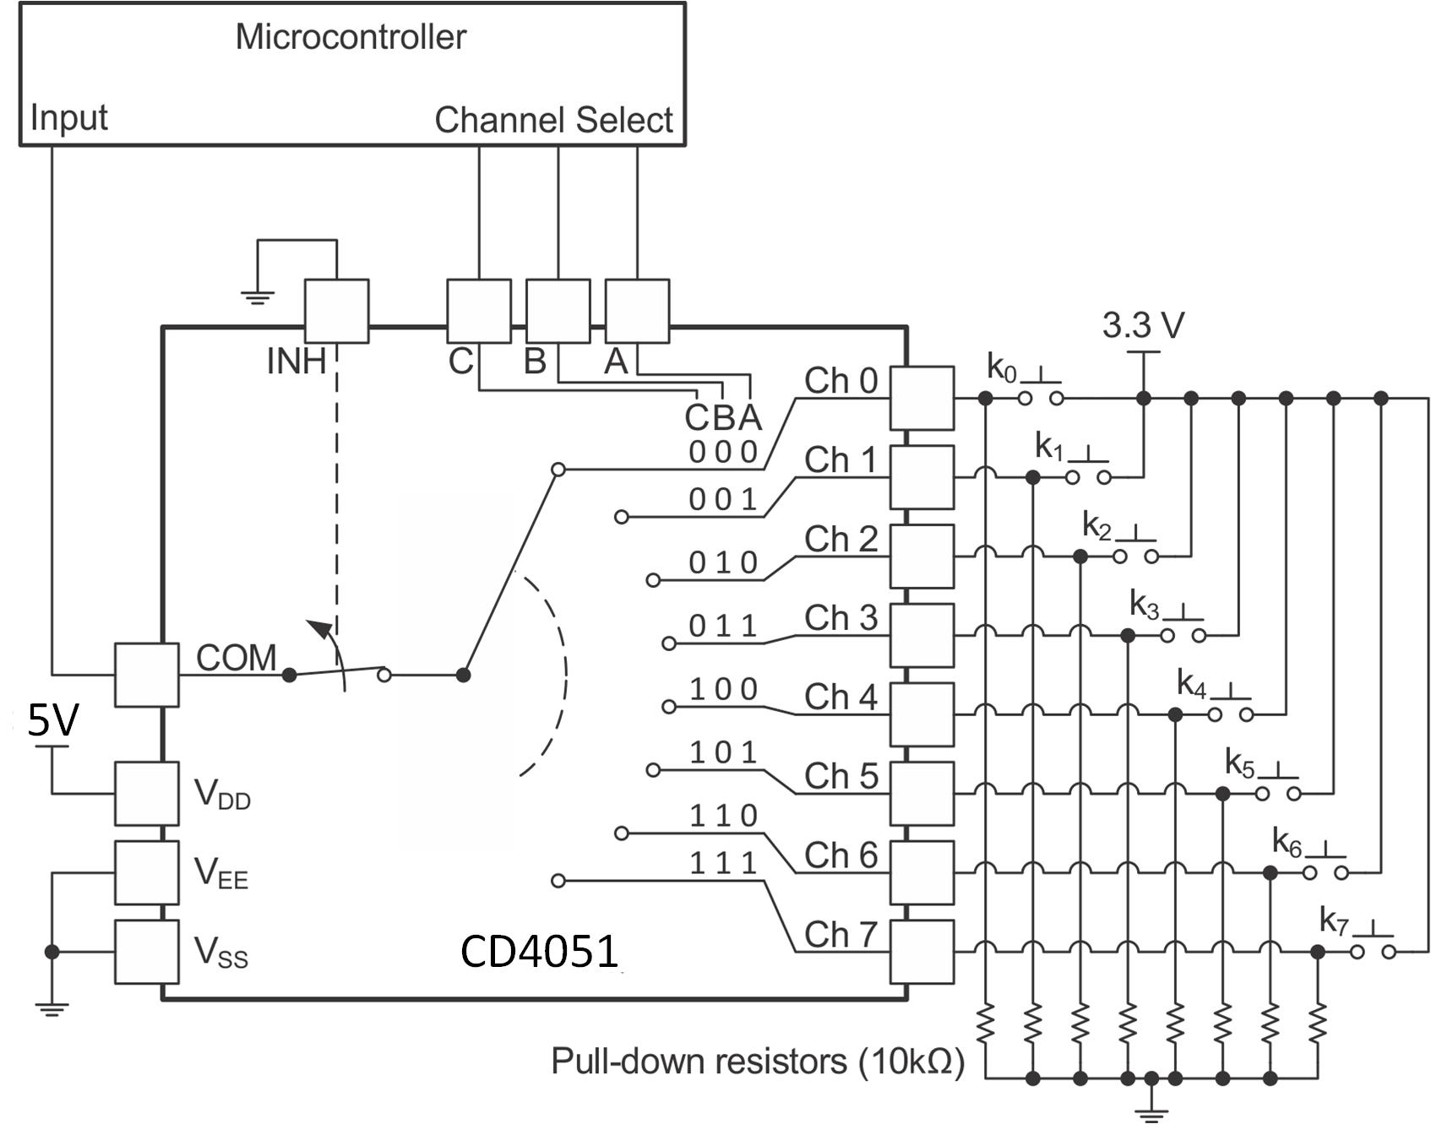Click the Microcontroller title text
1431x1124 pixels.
(x=351, y=37)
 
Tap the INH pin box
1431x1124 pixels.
(x=336, y=311)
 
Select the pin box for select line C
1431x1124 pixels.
(x=478, y=311)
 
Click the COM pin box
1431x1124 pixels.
(x=146, y=675)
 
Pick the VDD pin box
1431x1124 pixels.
(x=146, y=793)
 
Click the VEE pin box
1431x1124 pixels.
(x=146, y=872)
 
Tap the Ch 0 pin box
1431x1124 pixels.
(x=922, y=398)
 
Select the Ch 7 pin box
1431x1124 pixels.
(x=922, y=952)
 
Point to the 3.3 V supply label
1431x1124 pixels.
(x=1143, y=325)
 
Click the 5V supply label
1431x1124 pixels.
(x=53, y=720)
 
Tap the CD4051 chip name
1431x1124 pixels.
(x=539, y=952)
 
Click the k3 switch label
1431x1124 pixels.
(x=1145, y=605)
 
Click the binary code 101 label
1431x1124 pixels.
(x=723, y=752)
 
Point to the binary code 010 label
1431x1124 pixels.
(x=723, y=562)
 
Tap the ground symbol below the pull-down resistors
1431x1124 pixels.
(x=1151, y=1113)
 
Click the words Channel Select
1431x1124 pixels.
(x=553, y=120)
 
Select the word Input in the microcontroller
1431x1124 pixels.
(x=68, y=117)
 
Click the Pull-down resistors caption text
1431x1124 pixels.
(x=757, y=1061)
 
